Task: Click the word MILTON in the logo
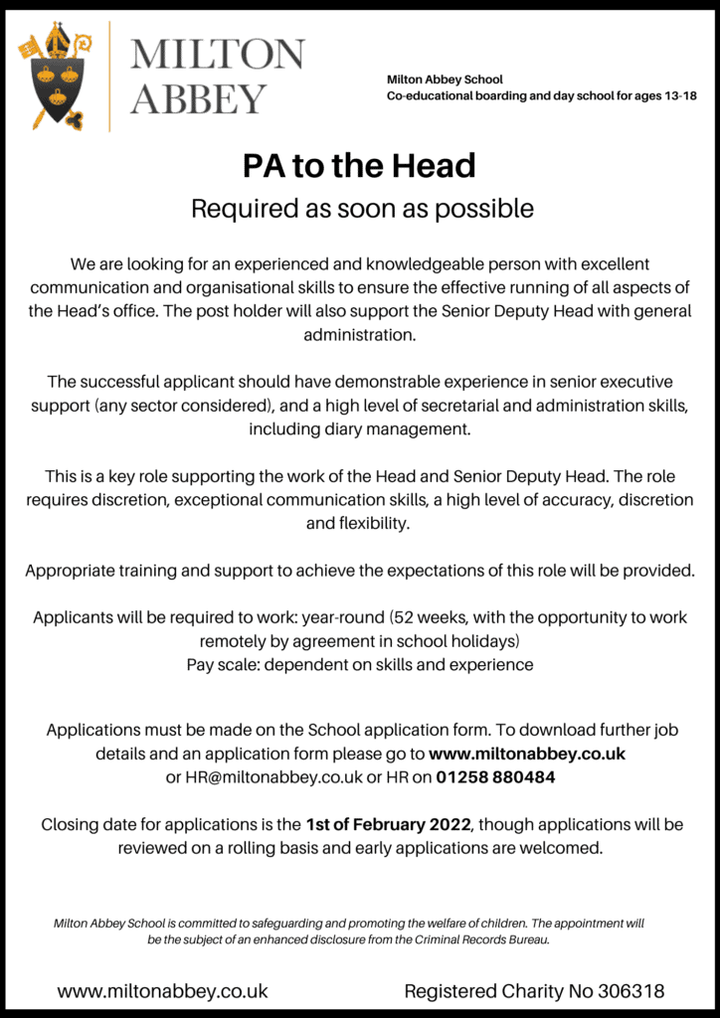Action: tap(218, 55)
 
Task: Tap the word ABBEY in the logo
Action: tap(199, 99)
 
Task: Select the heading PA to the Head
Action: tap(359, 165)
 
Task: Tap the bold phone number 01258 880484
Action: tap(495, 777)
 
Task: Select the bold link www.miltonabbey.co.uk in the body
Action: tap(527, 754)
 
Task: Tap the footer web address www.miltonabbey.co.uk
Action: tap(162, 991)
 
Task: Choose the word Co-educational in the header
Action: tap(429, 96)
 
